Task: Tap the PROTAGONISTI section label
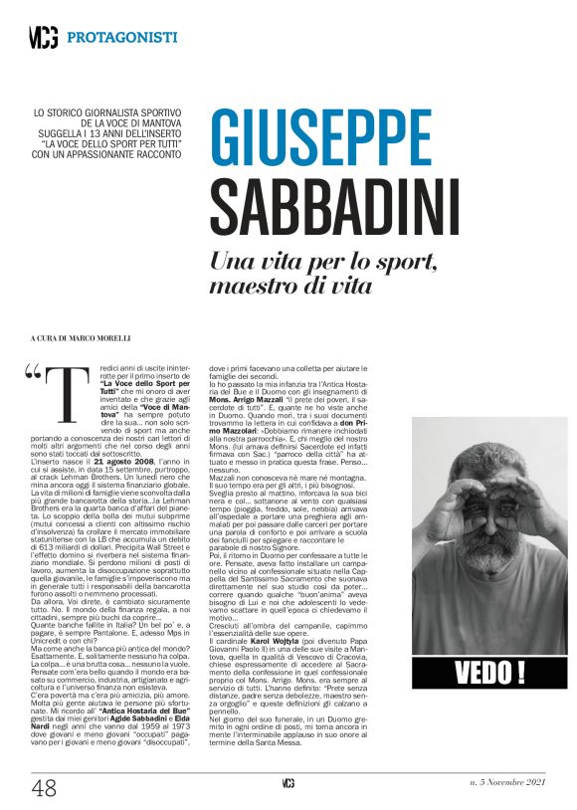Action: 122,38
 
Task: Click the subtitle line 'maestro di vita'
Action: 290,287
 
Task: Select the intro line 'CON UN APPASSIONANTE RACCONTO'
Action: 110,154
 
